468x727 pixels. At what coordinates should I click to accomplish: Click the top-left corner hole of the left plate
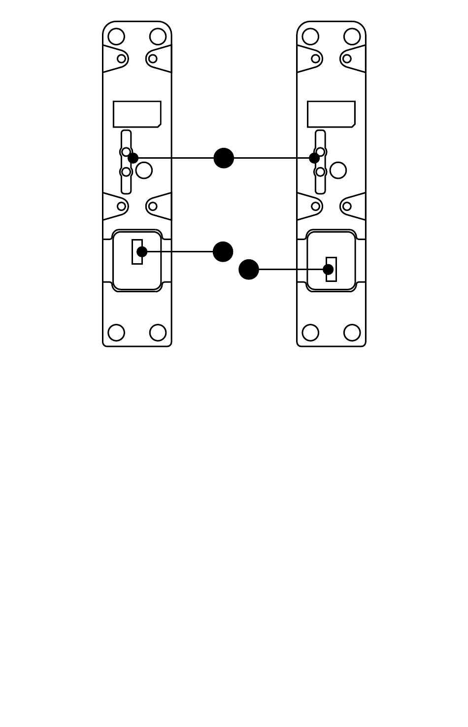tap(116, 36)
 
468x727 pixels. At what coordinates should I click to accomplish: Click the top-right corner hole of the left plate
tap(158, 36)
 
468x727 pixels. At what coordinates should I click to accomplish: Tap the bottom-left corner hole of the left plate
tap(116, 333)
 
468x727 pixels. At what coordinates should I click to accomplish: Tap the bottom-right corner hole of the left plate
tap(158, 333)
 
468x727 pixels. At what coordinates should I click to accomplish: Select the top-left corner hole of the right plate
tap(310, 36)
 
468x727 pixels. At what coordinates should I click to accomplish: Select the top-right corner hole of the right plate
tap(352, 36)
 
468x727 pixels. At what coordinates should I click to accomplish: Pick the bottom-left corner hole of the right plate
tap(310, 333)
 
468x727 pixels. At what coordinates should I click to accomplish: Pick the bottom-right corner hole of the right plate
tap(352, 333)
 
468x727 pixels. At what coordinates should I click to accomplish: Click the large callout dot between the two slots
tap(224, 158)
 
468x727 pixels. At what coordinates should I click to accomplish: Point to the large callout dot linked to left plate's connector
tap(223, 252)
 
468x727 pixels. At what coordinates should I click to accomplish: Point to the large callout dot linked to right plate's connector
tap(249, 270)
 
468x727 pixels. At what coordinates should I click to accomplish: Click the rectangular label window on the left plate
tap(137, 114)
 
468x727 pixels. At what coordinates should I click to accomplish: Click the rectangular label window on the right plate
tap(331, 114)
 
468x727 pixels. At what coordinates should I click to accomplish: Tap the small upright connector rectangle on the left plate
tap(137, 252)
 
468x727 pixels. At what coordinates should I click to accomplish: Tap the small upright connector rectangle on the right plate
tap(331, 270)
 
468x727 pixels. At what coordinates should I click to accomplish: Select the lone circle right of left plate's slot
tap(144, 171)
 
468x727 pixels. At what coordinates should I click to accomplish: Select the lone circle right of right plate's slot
tap(338, 171)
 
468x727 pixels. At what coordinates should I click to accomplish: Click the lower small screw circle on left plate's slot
tap(126, 172)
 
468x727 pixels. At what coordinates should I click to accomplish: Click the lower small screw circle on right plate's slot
tap(320, 172)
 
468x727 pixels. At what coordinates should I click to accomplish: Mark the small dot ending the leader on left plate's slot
tap(133, 158)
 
